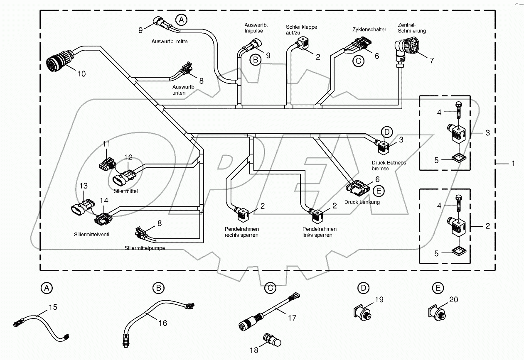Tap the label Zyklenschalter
click(x=367, y=29)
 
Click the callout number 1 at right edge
click(x=513, y=164)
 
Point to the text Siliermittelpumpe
click(x=145, y=248)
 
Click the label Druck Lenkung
click(x=362, y=202)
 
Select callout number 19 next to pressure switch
click(x=379, y=299)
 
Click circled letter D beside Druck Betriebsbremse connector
click(x=386, y=132)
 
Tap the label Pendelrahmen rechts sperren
click(x=241, y=232)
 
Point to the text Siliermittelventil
click(x=92, y=234)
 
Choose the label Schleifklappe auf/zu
click(x=301, y=30)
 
